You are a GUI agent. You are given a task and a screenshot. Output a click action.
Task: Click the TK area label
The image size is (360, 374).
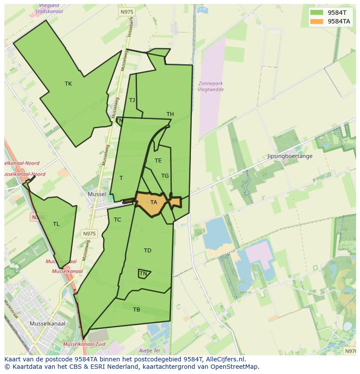click(68, 84)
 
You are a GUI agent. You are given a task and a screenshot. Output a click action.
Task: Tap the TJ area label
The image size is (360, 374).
click(132, 100)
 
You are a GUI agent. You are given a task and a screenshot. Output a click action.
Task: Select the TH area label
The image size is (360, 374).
click(170, 114)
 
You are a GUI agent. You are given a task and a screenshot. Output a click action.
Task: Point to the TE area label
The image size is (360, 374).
click(158, 161)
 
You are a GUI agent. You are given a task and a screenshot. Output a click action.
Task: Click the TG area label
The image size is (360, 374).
click(165, 176)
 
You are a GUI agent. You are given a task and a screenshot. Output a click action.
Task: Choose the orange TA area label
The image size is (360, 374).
click(153, 202)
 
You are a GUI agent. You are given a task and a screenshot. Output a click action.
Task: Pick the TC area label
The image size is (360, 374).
click(117, 220)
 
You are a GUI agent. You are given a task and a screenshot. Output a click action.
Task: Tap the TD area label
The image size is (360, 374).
click(147, 251)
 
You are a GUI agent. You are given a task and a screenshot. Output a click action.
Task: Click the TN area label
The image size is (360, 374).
click(143, 274)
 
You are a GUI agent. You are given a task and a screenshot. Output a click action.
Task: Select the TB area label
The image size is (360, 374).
click(137, 310)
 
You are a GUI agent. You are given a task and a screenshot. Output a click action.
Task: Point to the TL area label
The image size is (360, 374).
click(56, 224)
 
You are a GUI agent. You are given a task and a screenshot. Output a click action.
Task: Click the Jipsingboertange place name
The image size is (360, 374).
click(290, 156)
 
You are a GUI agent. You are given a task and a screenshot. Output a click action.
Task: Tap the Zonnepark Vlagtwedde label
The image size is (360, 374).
click(210, 86)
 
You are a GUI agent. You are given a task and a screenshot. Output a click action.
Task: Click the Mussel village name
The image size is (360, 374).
click(97, 194)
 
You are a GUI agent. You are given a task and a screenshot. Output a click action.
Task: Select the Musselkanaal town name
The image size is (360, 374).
click(47, 324)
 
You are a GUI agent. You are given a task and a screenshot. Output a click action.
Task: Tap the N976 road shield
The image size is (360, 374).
click(350, 351)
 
